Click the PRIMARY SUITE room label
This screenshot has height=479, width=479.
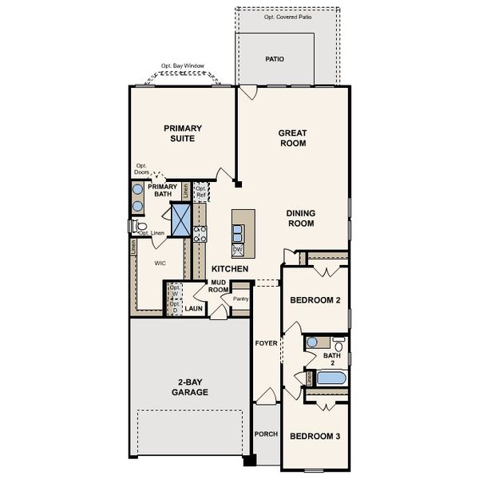tap(183, 133)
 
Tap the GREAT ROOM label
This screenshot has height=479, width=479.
tap(292, 138)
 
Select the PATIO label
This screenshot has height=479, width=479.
tap(275, 60)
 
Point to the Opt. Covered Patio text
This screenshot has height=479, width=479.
tap(288, 17)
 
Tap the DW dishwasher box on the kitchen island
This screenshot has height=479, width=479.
tap(237, 249)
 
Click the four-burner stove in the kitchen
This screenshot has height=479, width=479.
tap(200, 232)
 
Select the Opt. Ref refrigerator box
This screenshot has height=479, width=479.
tap(201, 192)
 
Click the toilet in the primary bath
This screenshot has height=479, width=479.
tap(141, 227)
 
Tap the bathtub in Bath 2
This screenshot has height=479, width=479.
tap(327, 378)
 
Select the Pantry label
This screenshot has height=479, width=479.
tap(240, 299)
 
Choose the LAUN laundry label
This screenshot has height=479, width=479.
tap(194, 308)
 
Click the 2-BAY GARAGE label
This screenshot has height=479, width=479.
tap(189, 387)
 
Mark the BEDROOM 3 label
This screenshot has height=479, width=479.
tap(315, 436)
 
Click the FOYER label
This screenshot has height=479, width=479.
tap(265, 343)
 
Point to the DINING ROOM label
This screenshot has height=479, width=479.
tap(301, 218)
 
